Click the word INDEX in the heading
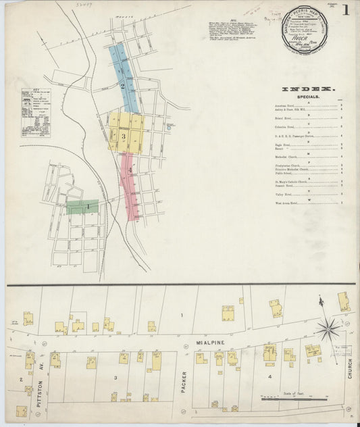307,89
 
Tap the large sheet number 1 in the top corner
345,11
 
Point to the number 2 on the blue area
122,86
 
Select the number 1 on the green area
88,205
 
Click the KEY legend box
34,115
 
